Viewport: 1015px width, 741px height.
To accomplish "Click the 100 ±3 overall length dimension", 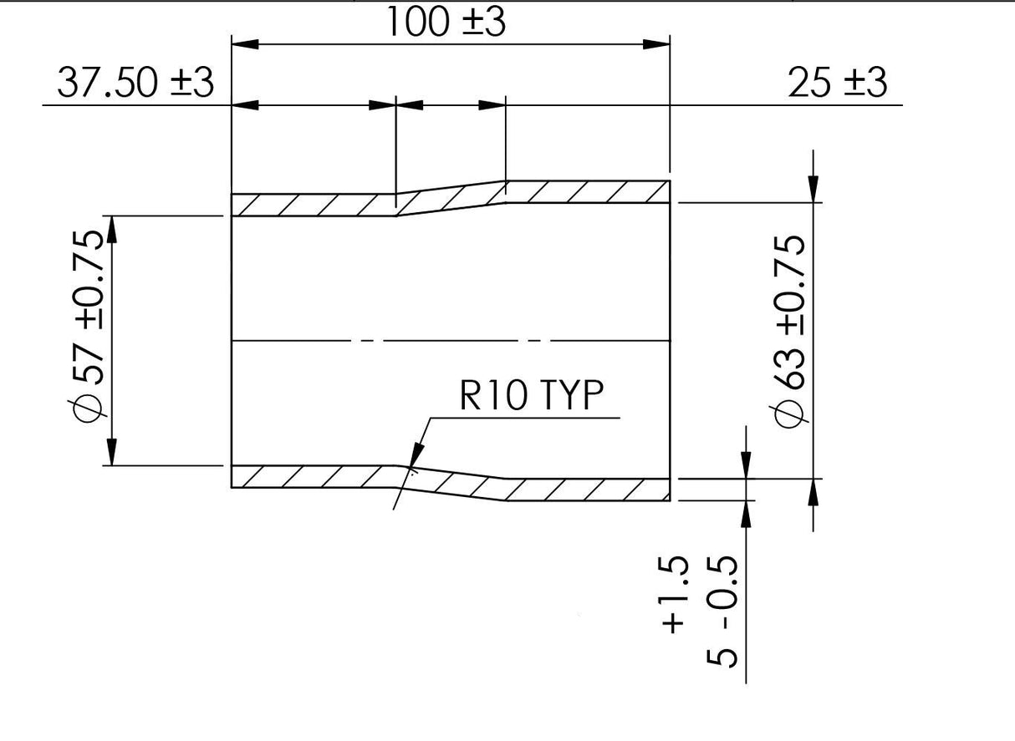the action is click(446, 23).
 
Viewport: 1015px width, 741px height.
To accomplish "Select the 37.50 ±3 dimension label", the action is click(135, 83).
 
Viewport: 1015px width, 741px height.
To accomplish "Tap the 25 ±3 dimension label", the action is click(838, 83).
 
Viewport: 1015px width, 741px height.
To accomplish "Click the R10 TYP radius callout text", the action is click(531, 395).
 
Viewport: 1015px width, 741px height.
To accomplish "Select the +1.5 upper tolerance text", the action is click(674, 594).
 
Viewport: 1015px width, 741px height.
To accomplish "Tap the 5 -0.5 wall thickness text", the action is click(722, 611).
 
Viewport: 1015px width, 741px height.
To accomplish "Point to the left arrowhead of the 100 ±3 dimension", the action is click(245, 44).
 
